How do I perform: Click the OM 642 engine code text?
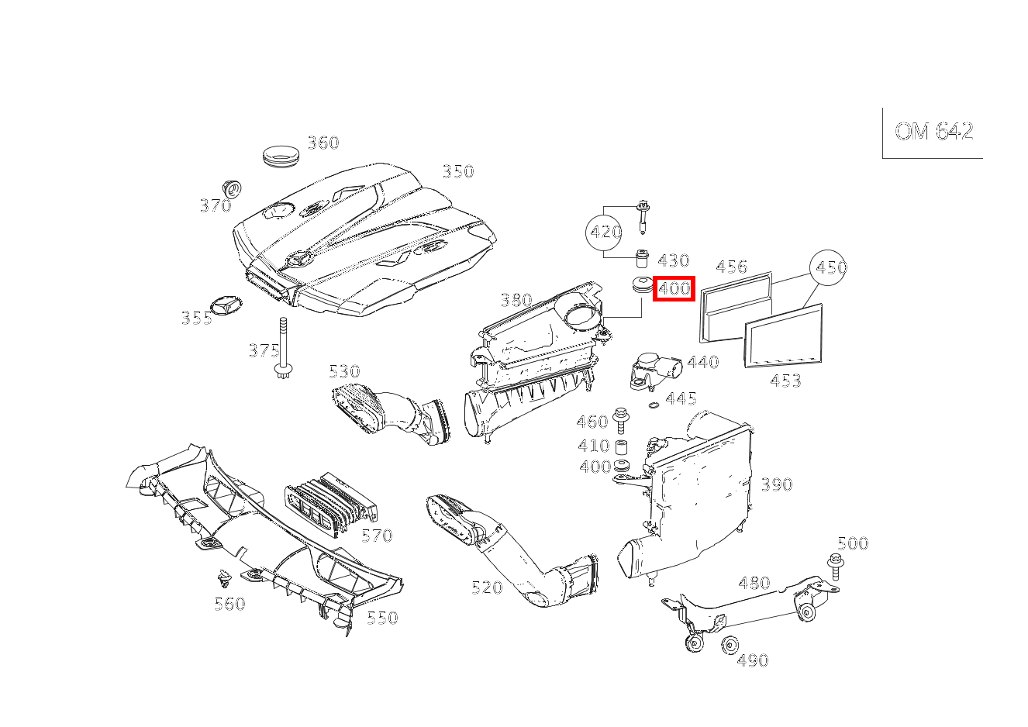coord(933,132)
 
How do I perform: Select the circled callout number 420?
coord(605,232)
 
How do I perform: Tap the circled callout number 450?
coord(830,268)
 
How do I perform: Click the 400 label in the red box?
coord(674,289)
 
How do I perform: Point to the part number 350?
coord(457,171)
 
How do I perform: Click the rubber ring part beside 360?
coord(280,153)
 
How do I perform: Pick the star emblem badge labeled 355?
coord(227,305)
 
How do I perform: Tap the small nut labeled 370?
coord(230,188)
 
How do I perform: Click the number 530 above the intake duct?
coord(344,371)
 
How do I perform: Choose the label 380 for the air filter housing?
coord(516,300)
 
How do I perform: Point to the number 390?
coord(776,485)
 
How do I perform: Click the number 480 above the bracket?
coord(754,583)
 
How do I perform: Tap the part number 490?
coord(752,660)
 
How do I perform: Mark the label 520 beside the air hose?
coord(487,587)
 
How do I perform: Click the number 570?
coord(377,536)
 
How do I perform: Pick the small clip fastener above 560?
coord(225,577)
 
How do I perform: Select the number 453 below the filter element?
coord(785,381)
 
